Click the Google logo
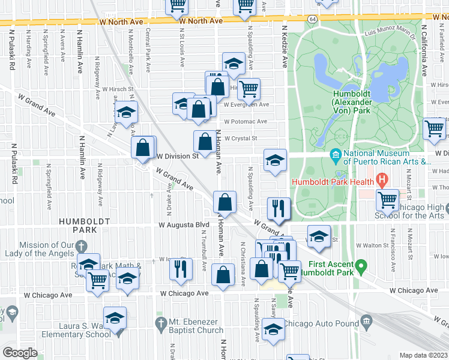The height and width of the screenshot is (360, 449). coord(20,353)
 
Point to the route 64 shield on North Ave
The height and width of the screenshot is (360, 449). coord(313,19)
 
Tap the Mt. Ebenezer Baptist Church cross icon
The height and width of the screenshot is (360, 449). coord(160,325)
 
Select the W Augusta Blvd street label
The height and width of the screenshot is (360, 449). coord(184,225)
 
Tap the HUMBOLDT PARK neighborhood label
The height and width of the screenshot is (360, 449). coord(85,225)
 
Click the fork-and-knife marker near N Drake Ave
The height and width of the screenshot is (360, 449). coord(181,269)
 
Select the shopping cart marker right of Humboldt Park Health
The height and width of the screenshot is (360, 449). coord(388,199)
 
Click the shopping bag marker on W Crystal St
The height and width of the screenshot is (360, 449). coord(205,142)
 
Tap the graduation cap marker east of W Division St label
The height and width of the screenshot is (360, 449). coord(276,160)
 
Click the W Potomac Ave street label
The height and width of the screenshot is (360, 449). coord(246,121)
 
